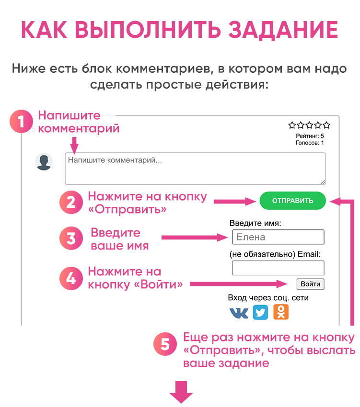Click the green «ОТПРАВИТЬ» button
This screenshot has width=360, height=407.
pyautogui.click(x=292, y=201)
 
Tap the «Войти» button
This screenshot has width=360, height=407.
pyautogui.click(x=310, y=284)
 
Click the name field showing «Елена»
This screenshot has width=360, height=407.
pyautogui.click(x=278, y=237)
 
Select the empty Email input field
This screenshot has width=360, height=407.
pyautogui.click(x=278, y=268)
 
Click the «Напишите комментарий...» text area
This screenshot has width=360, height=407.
pyautogui.click(x=195, y=168)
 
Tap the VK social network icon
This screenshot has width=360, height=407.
pyautogui.click(x=239, y=313)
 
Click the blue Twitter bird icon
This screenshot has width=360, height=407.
pyautogui.click(x=260, y=313)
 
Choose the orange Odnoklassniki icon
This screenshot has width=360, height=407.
pyautogui.click(x=281, y=312)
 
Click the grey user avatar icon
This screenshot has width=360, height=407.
pyautogui.click(x=44, y=162)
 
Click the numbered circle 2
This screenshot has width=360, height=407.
pyautogui.click(x=71, y=202)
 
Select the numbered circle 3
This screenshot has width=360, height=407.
pyautogui.click(x=71, y=238)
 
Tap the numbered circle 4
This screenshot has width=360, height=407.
pyautogui.click(x=71, y=278)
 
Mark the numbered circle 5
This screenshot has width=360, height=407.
pyautogui.click(x=165, y=345)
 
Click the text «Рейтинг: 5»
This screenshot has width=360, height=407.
pyautogui.click(x=310, y=136)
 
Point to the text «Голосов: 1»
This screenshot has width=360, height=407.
pyautogui.click(x=310, y=143)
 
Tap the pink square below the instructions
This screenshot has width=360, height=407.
pyautogui.click(x=181, y=393)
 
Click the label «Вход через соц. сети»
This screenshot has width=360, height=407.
pyautogui.click(x=268, y=298)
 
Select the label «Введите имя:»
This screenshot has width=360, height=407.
pyautogui.click(x=255, y=223)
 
